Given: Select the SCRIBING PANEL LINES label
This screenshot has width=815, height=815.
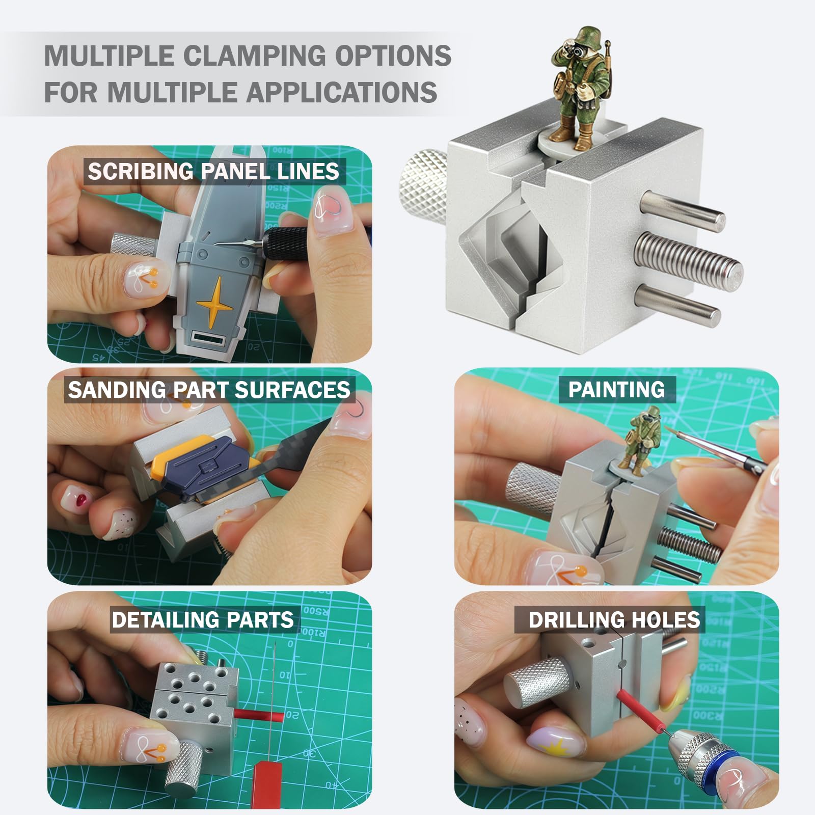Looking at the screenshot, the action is [x=213, y=171].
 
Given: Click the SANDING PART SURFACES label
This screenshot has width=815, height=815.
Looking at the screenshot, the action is [x=209, y=390].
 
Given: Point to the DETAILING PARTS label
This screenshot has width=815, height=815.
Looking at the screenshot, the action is [x=203, y=620].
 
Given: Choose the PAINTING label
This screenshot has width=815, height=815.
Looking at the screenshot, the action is [x=616, y=390].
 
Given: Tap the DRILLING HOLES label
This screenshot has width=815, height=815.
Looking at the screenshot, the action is [x=614, y=620].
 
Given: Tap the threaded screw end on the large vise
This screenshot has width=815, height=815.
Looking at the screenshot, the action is [x=688, y=263].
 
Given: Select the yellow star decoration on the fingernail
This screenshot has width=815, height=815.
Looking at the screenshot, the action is [x=553, y=747].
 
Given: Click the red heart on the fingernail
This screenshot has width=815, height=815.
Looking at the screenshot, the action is [x=80, y=498].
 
